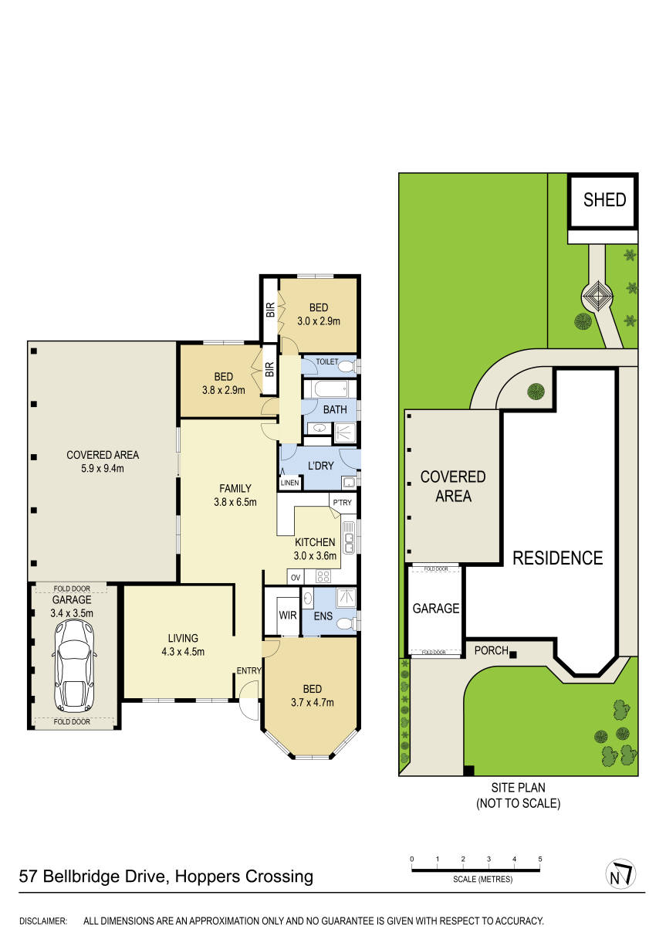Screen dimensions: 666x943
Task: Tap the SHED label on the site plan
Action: point(604,199)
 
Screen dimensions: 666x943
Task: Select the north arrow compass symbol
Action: point(620,873)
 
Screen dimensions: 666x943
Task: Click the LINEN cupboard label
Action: point(290,483)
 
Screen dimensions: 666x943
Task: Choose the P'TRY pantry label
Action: point(342,502)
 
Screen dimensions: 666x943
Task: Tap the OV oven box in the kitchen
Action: point(296,577)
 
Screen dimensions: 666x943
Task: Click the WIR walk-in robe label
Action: point(288,615)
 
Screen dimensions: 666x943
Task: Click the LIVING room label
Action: point(183,638)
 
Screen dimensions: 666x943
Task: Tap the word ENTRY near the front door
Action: point(248,670)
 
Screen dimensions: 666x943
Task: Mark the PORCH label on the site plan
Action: point(492,650)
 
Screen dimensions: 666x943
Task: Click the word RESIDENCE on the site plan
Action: point(557,558)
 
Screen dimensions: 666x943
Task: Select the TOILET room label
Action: point(327,361)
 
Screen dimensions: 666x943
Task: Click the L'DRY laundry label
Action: point(320,466)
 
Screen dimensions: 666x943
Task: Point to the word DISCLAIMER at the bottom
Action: point(43,921)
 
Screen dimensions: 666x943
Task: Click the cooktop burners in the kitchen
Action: point(323,576)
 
